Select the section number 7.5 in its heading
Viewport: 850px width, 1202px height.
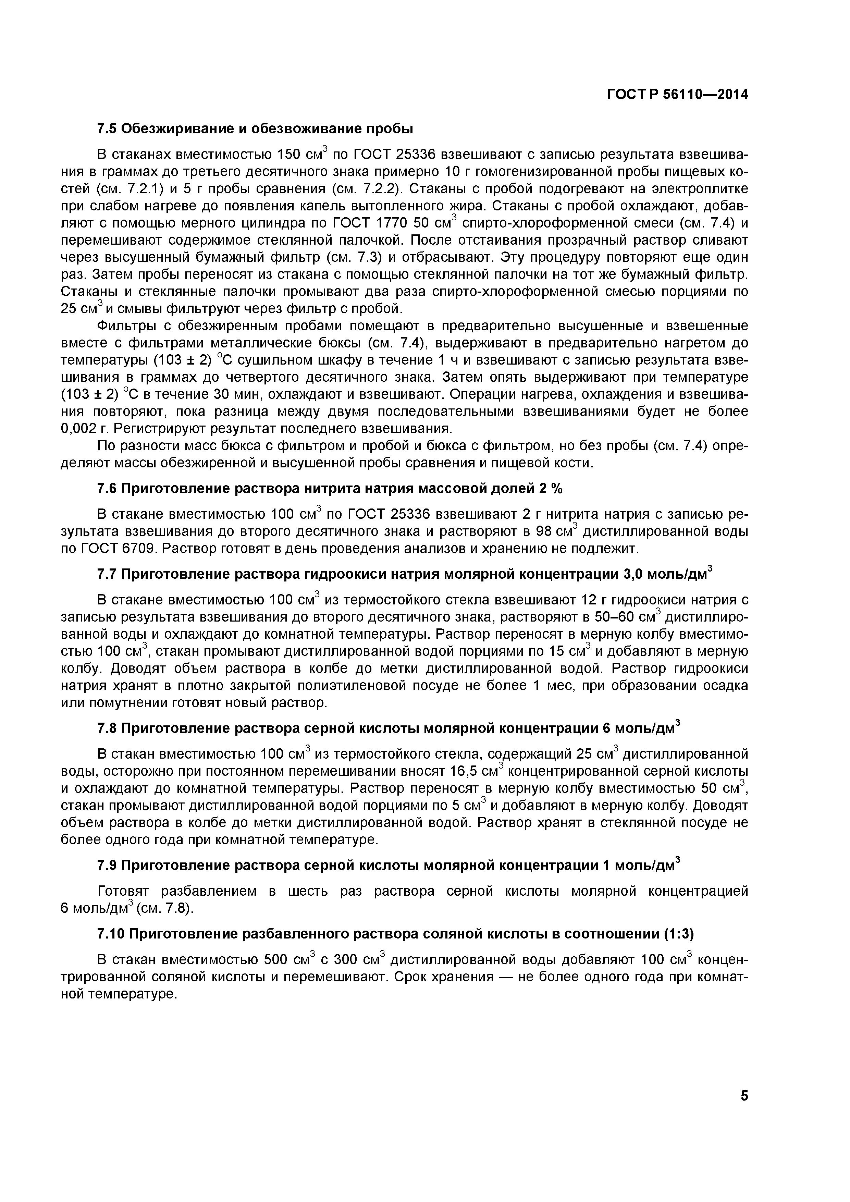pyautogui.click(x=108, y=128)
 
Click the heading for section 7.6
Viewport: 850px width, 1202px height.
pyautogui.click(x=330, y=489)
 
